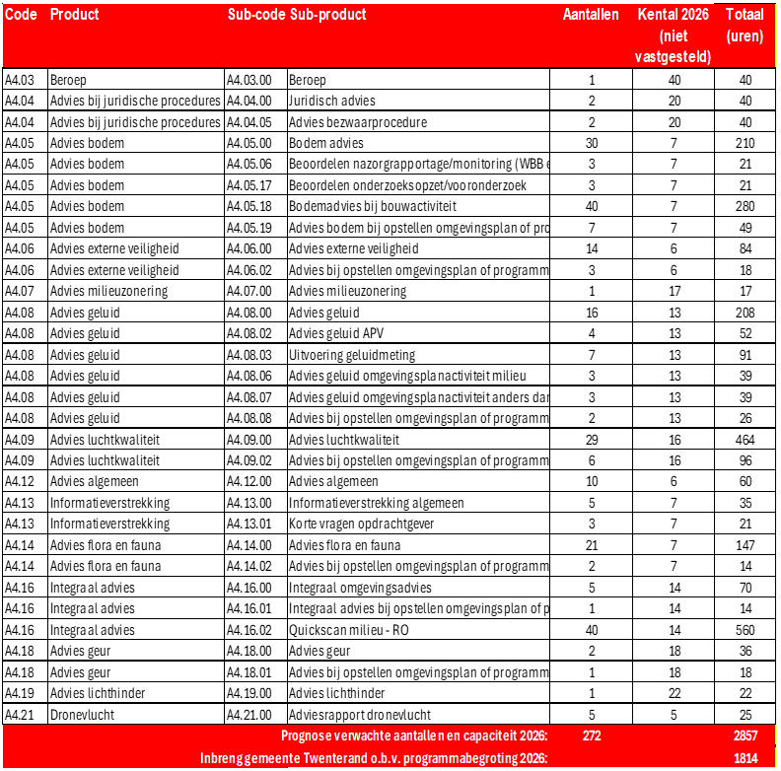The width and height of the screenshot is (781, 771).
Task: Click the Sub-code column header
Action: click(255, 15)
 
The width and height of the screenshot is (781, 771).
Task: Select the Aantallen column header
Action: click(591, 15)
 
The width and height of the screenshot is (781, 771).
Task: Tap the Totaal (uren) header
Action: click(745, 26)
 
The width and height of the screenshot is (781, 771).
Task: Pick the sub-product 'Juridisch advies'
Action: click(332, 101)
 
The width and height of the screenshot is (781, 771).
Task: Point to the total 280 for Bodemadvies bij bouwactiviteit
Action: click(745, 206)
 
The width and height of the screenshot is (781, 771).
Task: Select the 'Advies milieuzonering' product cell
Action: click(108, 291)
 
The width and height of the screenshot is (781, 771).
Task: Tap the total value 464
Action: click(745, 439)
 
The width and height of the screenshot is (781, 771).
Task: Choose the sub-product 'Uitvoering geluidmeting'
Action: click(352, 355)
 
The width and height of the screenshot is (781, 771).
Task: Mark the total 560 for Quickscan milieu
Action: click(745, 630)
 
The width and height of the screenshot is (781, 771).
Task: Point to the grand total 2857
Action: click(745, 736)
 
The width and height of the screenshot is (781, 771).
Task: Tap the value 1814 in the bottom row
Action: click(745, 757)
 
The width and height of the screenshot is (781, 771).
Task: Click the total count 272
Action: click(591, 736)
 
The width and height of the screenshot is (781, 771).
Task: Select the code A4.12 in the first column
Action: click(21, 481)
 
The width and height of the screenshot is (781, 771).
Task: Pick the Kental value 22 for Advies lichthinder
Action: click(674, 693)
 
